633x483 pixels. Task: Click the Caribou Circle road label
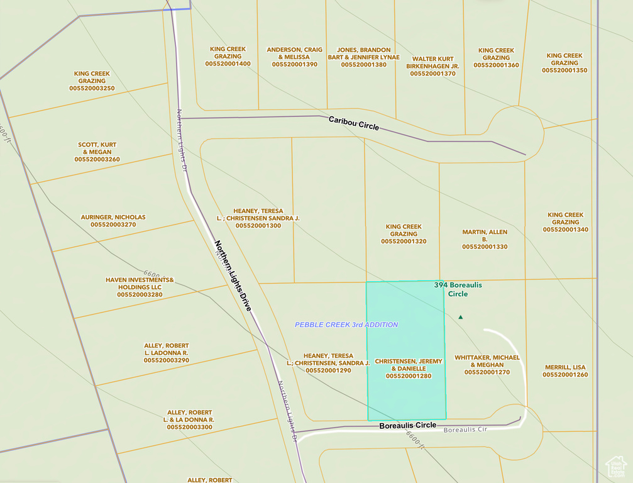(x=354, y=123)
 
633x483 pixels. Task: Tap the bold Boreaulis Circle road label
(x=407, y=426)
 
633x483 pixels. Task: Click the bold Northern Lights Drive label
(x=233, y=275)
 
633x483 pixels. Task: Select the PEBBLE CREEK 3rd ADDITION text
(x=346, y=325)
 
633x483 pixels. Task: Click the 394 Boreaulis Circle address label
(x=458, y=289)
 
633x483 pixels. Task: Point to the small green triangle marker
(x=461, y=317)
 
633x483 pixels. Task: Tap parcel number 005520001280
(x=409, y=376)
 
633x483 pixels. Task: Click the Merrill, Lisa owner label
(x=565, y=367)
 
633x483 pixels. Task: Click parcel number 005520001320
(x=404, y=241)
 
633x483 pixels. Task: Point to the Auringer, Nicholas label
(x=113, y=217)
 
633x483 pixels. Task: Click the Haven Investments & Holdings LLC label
(x=140, y=287)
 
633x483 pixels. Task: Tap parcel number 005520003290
(x=166, y=360)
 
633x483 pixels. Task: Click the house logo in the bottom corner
(x=615, y=467)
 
